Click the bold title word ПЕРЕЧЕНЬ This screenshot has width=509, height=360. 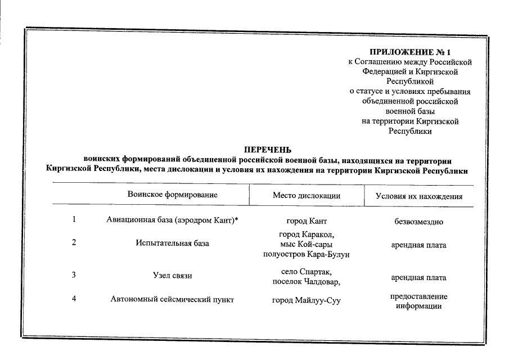(267, 150)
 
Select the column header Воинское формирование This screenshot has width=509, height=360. (173, 195)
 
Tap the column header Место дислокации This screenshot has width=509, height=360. (307, 196)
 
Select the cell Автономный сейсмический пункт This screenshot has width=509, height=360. (172, 300)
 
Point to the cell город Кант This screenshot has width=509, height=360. (307, 221)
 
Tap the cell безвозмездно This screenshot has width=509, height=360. (419, 222)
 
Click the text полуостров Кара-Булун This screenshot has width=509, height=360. (307, 255)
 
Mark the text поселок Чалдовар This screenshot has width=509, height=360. (307, 282)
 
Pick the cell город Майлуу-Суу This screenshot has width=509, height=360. (307, 300)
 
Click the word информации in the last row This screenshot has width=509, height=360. (418, 306)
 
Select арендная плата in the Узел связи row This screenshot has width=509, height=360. (418, 277)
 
